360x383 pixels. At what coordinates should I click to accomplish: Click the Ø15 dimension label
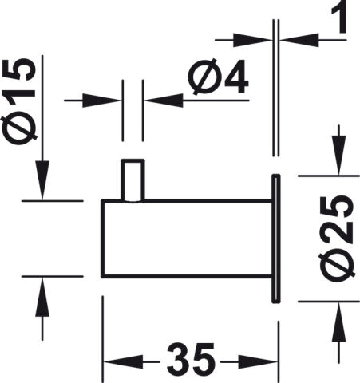pyautogui.click(x=18, y=101)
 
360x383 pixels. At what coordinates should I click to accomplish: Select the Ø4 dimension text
pyautogui.click(x=218, y=77)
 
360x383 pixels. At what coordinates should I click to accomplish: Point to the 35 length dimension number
pyautogui.click(x=191, y=359)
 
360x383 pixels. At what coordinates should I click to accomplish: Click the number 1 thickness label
pyautogui.click(x=339, y=17)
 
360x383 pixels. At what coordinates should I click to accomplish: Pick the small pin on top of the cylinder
pyautogui.click(x=133, y=180)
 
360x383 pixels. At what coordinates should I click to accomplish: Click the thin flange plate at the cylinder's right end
pyautogui.click(x=276, y=239)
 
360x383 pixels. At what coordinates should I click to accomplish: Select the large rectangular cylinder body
pyautogui.click(x=187, y=239)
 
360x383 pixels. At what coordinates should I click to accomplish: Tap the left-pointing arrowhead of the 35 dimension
pyautogui.click(x=123, y=361)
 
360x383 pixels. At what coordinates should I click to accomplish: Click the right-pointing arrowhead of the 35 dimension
pyautogui.click(x=258, y=361)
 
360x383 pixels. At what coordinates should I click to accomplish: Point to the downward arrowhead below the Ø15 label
pyautogui.click(x=42, y=180)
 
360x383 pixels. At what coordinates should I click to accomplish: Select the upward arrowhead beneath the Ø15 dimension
pyautogui.click(x=42, y=297)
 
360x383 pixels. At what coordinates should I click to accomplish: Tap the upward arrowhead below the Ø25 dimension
pyautogui.click(x=338, y=322)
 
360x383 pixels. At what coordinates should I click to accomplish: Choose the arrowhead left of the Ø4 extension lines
pyautogui.click(x=102, y=101)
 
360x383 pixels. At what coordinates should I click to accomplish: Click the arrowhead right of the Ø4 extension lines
pyautogui.click(x=164, y=101)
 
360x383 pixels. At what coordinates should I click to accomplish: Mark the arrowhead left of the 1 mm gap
pyautogui.click(x=253, y=40)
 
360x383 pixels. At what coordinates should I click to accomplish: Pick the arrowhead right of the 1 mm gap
pyautogui.click(x=299, y=40)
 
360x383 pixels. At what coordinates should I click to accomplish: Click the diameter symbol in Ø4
pyautogui.click(x=204, y=77)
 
